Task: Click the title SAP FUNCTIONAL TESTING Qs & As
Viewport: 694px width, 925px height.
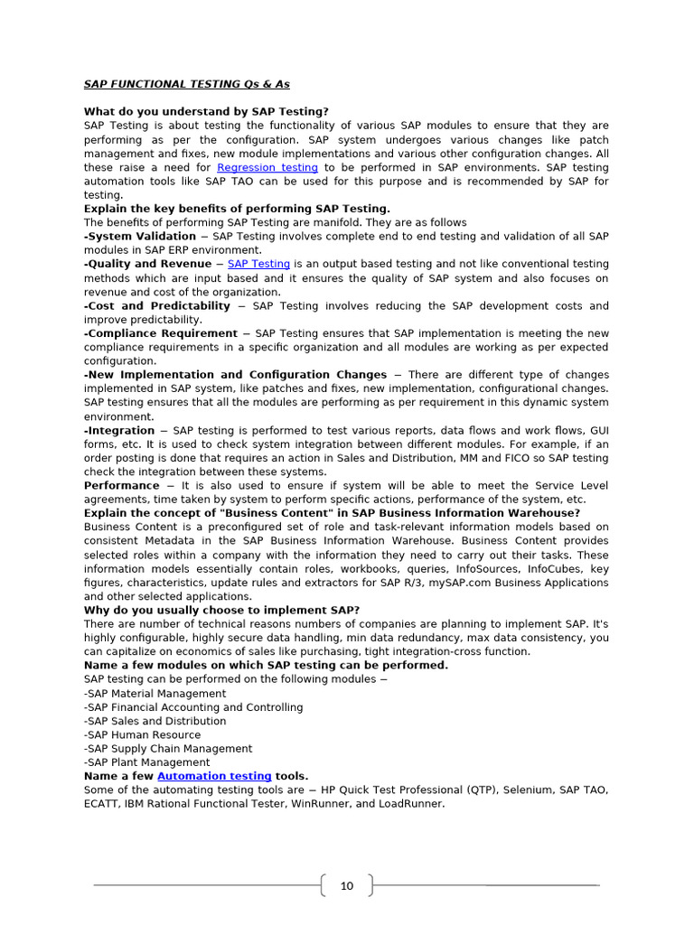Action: point(187,84)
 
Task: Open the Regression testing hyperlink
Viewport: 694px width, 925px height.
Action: point(267,167)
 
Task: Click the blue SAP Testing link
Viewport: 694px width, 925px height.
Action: point(258,264)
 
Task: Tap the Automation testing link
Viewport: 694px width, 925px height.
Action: point(214,776)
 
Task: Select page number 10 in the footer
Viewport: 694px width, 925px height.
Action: point(347,886)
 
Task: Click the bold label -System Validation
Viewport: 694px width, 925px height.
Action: point(140,236)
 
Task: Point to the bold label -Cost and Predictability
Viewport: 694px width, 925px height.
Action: point(157,306)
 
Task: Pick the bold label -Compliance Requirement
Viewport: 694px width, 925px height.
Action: point(161,333)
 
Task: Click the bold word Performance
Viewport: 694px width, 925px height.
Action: point(121,486)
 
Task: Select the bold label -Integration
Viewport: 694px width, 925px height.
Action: point(119,431)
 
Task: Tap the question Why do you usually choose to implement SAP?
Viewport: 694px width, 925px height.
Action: point(221,611)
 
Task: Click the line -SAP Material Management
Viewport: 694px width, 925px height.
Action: point(155,694)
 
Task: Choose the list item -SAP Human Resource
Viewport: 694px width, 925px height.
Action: point(142,735)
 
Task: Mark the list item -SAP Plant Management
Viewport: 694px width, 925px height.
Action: point(146,762)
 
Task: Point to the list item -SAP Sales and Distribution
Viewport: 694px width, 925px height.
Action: point(155,721)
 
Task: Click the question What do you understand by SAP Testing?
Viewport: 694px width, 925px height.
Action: point(206,112)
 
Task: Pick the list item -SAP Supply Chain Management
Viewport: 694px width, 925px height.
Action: point(168,749)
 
